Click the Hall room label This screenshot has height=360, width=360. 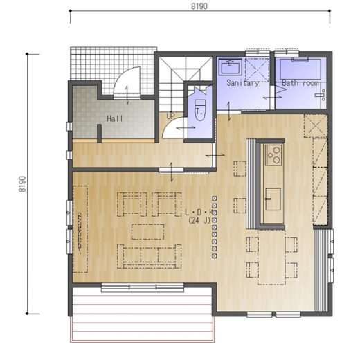(x=115, y=118)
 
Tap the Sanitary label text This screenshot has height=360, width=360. (x=243, y=83)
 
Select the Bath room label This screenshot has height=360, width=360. (x=300, y=83)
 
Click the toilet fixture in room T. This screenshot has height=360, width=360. (x=200, y=110)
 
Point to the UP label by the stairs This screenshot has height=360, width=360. (x=170, y=116)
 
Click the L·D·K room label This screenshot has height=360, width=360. (x=199, y=213)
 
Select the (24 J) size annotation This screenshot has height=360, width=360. (x=199, y=220)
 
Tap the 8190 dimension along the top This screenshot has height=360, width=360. (x=199, y=6)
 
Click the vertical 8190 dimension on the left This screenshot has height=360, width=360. (x=22, y=184)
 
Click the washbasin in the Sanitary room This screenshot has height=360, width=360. (x=231, y=67)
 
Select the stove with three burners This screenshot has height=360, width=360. (x=273, y=155)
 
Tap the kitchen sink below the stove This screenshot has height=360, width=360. (x=273, y=199)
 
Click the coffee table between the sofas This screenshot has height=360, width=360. (x=147, y=232)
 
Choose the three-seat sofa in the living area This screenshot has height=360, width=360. (x=149, y=256)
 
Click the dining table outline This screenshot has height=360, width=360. (x=271, y=257)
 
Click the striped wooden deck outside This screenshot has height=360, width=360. (x=143, y=314)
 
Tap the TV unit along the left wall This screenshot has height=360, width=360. (x=80, y=229)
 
